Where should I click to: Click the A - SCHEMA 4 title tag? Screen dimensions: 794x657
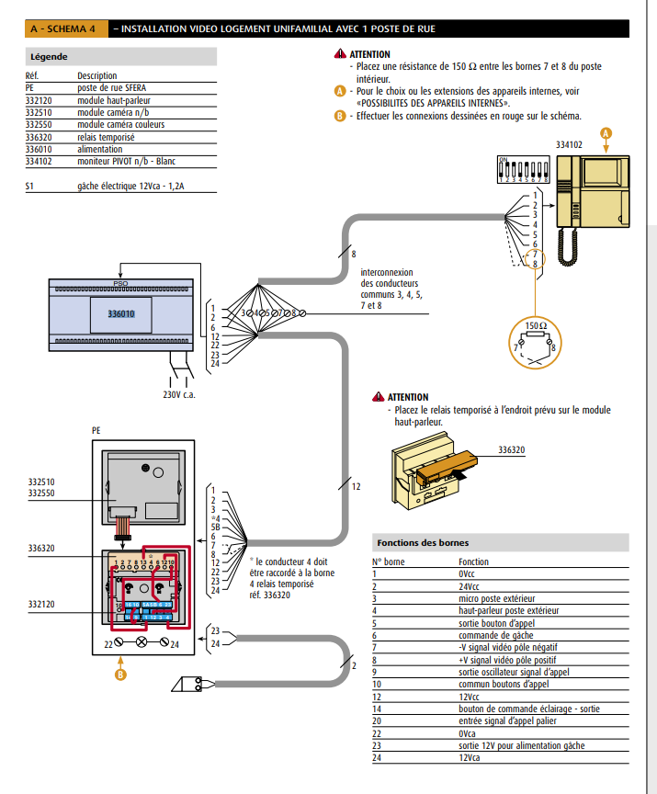65,29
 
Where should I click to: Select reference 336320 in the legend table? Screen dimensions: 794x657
39,137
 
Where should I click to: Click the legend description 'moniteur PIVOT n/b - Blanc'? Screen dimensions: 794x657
126,161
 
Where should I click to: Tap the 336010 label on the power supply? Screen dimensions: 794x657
120,314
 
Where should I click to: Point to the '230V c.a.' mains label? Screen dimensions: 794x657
179,395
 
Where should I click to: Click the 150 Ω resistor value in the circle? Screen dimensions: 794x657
536,325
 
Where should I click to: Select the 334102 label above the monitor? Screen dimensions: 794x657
569,144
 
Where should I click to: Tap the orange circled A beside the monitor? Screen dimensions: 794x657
606,132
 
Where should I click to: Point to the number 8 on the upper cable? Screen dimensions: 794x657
353,252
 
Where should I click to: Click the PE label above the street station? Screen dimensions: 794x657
96,429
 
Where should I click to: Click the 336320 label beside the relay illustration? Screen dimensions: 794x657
511,451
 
